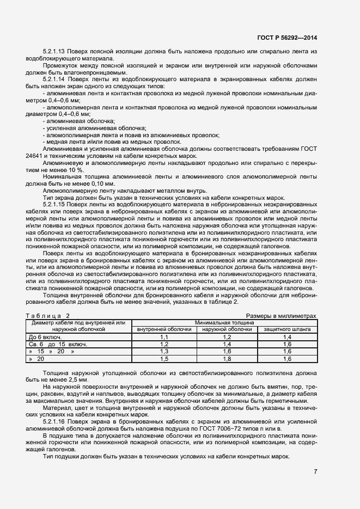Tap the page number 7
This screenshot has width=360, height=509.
click(315, 471)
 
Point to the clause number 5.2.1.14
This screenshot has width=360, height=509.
click(55, 79)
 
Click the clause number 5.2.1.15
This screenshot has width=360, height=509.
click(55, 204)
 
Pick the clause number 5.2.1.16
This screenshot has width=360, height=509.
click(55, 422)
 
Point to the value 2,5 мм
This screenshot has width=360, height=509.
click(70, 379)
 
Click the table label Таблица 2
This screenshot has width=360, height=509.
click(48, 316)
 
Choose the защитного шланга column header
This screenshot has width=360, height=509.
click(288, 329)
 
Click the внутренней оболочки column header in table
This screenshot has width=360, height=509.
click(164, 329)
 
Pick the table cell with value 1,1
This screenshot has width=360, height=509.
click(164, 338)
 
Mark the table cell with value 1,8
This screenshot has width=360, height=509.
click(227, 359)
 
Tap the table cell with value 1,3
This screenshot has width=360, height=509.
click(164, 352)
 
